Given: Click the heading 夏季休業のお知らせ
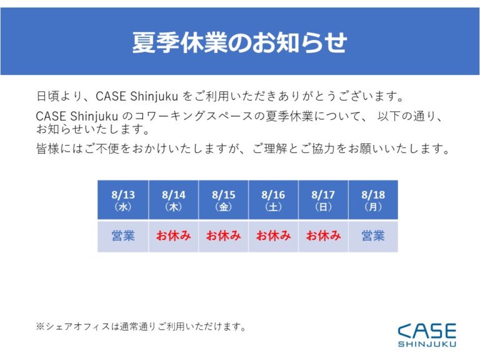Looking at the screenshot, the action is click(x=240, y=42).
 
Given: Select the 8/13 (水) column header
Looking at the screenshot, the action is click(x=123, y=200).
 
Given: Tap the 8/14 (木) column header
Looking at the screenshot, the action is click(x=174, y=200).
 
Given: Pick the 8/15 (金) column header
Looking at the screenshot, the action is click(x=224, y=200).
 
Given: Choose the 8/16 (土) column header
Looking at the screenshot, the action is click(x=273, y=200).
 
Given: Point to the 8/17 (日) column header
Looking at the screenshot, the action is click(x=323, y=200).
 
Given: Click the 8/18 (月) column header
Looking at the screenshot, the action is click(x=373, y=200).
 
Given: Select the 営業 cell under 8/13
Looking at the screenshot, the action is click(x=123, y=236).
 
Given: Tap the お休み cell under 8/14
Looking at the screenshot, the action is click(x=174, y=236).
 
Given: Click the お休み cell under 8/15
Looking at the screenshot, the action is click(x=224, y=236).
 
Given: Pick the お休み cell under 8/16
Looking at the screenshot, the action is click(x=273, y=236).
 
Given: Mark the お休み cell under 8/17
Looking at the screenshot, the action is click(x=323, y=236).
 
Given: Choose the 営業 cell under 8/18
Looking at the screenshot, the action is click(x=373, y=236).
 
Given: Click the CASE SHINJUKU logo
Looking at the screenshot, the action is click(x=427, y=335).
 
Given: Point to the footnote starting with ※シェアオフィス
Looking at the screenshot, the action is click(x=141, y=327).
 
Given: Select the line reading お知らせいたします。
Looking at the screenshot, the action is click(x=92, y=129).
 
